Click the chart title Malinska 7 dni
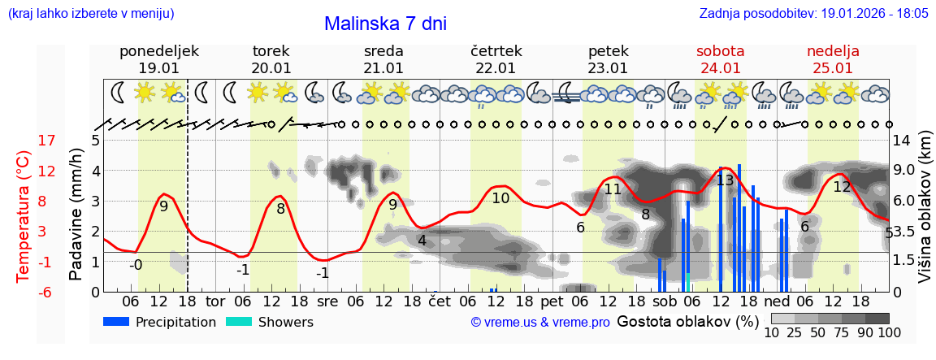tap(385, 24)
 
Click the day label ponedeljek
tap(158, 51)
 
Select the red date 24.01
tap(721, 68)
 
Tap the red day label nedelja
tap(833, 51)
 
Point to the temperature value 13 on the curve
tap(725, 180)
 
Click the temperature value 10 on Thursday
tap(500, 197)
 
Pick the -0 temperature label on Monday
tap(136, 264)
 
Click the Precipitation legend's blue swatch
tap(116, 322)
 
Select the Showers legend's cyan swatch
tap(239, 322)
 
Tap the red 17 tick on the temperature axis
tap(47, 141)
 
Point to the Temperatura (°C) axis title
tap(24, 215)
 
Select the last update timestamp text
tap(813, 14)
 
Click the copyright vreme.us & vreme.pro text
tap(540, 323)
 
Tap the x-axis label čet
tap(439, 301)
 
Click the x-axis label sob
tap(664, 301)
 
